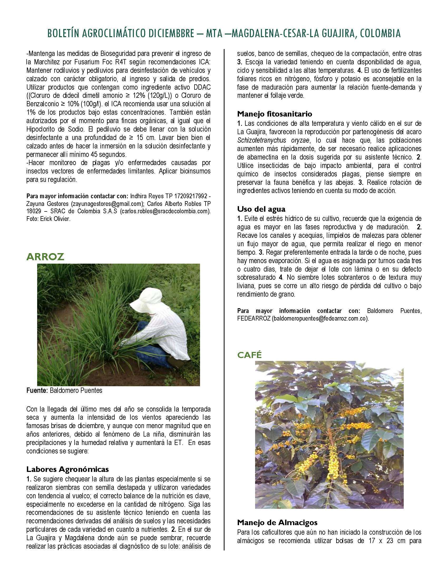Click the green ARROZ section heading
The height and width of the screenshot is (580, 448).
pos(45,257)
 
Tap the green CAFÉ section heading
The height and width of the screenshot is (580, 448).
pos(250,355)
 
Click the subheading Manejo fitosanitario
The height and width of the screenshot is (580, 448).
pos(275,114)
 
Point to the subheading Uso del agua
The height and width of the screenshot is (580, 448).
pos(261,209)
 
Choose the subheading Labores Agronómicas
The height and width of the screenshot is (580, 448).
pos(67,469)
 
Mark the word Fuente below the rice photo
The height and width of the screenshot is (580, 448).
pos(37,390)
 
